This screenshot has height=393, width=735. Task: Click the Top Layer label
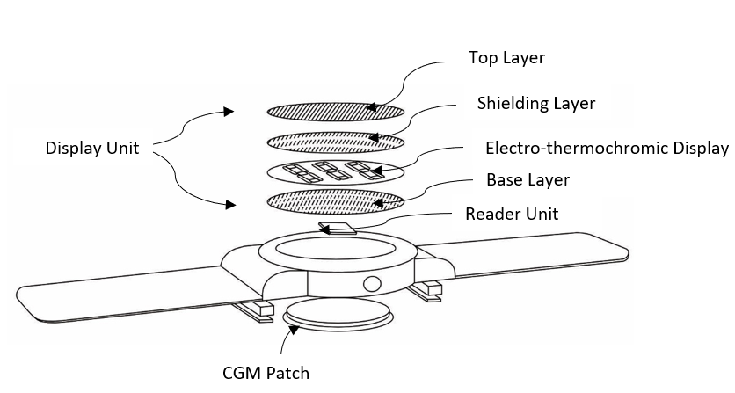[x=506, y=59]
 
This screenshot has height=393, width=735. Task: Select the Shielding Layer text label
[x=535, y=104]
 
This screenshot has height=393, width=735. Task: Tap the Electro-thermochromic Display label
[x=608, y=147]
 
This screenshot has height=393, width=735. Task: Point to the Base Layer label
[x=528, y=180]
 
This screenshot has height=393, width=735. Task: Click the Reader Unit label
[x=512, y=215]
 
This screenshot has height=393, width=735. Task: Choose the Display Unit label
[x=92, y=149]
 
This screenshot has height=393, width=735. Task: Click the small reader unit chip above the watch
[x=338, y=229]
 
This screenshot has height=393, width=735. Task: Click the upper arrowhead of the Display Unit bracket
[x=229, y=112]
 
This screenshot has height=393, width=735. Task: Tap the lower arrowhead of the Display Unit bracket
[x=229, y=205]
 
